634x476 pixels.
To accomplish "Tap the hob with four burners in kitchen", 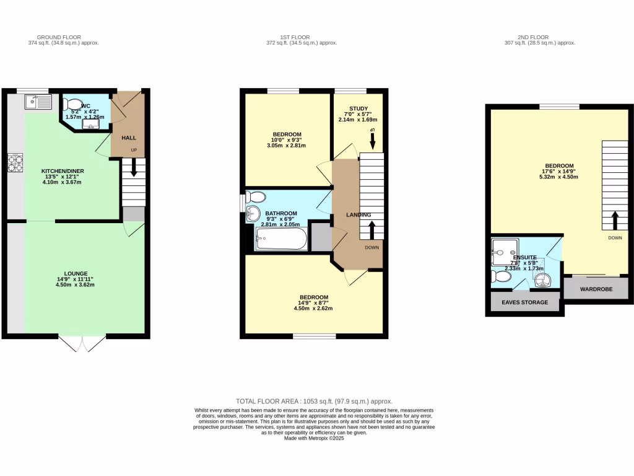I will pos(15,162).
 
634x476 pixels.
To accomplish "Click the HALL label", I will pos(128,138).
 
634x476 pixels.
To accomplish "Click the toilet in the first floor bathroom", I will pos(255,198).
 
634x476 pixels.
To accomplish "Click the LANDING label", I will pos(358,215).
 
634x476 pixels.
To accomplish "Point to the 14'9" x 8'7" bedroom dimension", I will pos(314,302).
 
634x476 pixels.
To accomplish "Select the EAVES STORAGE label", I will pos(525,302).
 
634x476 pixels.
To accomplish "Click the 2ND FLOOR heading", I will pos(540,37).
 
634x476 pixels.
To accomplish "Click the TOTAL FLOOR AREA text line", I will pos(314,402).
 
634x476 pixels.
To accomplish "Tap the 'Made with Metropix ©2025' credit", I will pos(314,438).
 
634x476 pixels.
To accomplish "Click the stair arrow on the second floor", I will pos(615,219).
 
